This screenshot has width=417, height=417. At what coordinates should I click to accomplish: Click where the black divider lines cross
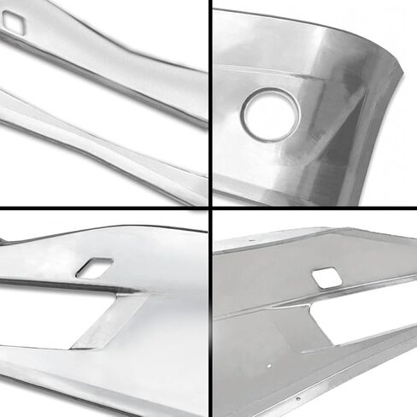pyautogui.click(x=210, y=209)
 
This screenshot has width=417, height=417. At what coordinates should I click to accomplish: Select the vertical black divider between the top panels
pyautogui.click(x=210, y=103)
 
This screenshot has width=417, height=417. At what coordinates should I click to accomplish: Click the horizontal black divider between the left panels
pyautogui.click(x=103, y=209)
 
